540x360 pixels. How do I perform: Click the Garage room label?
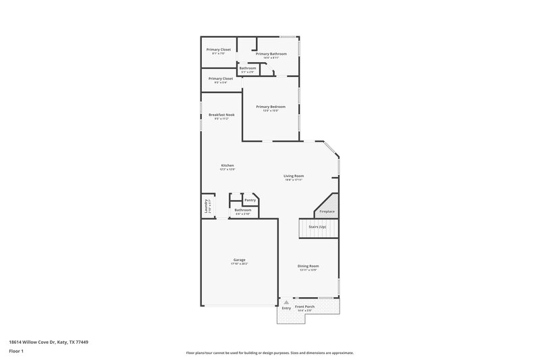tap(239, 260)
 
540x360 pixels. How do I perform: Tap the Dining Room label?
tap(308, 266)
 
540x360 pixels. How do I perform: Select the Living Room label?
tap(294, 176)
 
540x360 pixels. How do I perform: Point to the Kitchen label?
tap(227, 165)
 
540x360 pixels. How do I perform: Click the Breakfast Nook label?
tap(221, 115)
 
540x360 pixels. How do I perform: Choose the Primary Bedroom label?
tap(271, 107)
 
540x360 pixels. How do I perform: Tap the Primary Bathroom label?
tap(271, 54)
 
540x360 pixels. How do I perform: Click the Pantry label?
tap(250, 200)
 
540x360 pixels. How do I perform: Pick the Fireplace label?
tap(327, 211)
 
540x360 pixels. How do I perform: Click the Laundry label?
tap(205, 207)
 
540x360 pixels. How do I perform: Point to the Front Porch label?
tap(305, 307)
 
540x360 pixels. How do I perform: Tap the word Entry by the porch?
tap(287, 308)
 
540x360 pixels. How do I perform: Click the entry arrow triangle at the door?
tap(287, 301)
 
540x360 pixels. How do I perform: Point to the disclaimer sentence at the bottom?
tap(270, 353)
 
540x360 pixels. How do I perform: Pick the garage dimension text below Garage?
tap(239, 263)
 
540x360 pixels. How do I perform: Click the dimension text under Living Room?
tap(294, 180)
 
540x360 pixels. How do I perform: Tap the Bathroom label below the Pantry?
tap(243, 210)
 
